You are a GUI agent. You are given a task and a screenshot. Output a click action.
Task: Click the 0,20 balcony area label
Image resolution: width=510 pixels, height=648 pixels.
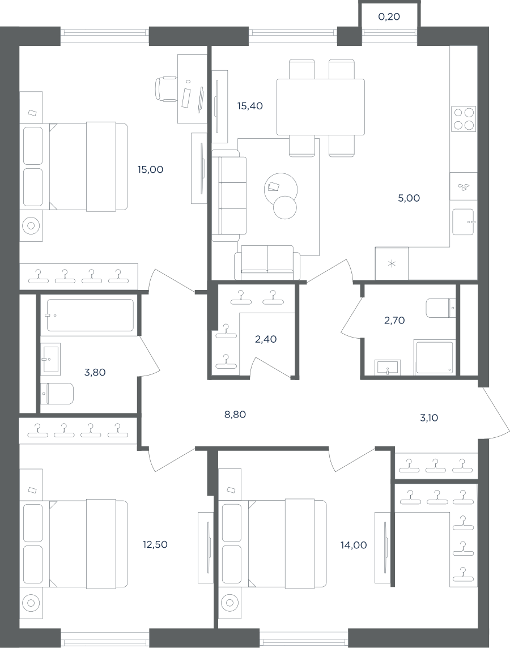click(x=389, y=17)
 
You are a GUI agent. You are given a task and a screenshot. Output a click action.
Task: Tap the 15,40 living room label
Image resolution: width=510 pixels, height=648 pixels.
click(x=250, y=106)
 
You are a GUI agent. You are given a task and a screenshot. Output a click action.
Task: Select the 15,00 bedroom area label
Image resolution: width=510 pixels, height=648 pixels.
click(x=150, y=169)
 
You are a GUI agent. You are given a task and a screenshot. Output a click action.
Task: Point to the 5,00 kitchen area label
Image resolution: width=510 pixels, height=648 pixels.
click(x=409, y=198)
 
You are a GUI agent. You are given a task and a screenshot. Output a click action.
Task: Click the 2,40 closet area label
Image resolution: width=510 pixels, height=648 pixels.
click(x=266, y=339)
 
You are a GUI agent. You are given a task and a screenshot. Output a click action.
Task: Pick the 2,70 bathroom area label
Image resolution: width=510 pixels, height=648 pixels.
click(x=394, y=320)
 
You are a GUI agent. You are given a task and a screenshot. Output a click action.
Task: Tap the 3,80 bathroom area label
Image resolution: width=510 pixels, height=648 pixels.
click(x=95, y=372)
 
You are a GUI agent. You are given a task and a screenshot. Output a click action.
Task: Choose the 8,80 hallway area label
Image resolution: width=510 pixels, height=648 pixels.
click(x=235, y=415)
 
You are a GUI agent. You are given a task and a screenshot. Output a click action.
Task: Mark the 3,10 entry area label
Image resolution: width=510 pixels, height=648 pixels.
click(x=429, y=418)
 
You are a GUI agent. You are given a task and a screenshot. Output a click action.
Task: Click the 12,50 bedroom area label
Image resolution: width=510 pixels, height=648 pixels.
click(x=155, y=545)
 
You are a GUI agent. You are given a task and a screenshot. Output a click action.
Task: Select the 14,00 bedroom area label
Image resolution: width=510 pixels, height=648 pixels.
click(x=354, y=545)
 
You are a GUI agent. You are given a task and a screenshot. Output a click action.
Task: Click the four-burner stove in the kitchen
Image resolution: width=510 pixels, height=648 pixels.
click(x=464, y=118)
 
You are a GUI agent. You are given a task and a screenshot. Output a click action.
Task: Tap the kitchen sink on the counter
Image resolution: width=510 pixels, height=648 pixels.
click(x=464, y=221)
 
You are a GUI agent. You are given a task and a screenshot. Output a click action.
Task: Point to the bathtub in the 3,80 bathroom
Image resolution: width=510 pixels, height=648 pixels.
click(x=90, y=315)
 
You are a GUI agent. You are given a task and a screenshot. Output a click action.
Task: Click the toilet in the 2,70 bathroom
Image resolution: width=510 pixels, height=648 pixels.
click(x=440, y=308)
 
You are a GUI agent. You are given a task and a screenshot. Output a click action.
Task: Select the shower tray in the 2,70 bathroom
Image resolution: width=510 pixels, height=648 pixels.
click(x=435, y=357)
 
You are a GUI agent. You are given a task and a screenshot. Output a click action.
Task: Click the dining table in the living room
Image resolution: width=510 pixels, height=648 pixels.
click(x=321, y=107)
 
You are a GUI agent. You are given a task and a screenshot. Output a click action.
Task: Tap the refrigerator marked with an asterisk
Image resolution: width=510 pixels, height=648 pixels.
click(x=392, y=263)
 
